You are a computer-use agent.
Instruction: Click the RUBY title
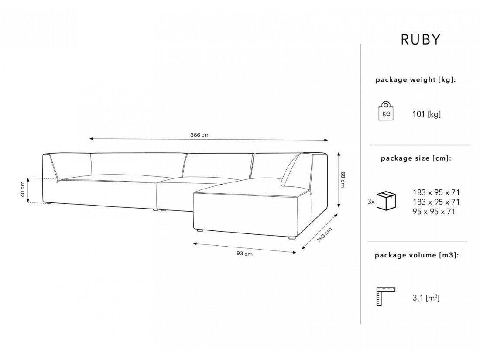[x=421, y=39]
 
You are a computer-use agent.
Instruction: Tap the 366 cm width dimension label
[x=200, y=135]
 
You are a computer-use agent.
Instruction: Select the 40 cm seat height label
[x=21, y=190]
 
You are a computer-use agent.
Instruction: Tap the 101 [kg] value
[x=426, y=114]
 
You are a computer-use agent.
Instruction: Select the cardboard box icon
[x=386, y=200]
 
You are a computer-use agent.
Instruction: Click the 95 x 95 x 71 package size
[x=433, y=212]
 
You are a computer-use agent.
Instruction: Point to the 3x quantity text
[x=371, y=202]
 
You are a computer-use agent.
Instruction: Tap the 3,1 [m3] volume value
[x=425, y=298]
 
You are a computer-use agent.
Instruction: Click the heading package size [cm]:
[x=416, y=158]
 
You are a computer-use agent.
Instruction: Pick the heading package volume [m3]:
[x=417, y=255]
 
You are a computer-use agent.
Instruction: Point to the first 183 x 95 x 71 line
[x=436, y=192]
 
